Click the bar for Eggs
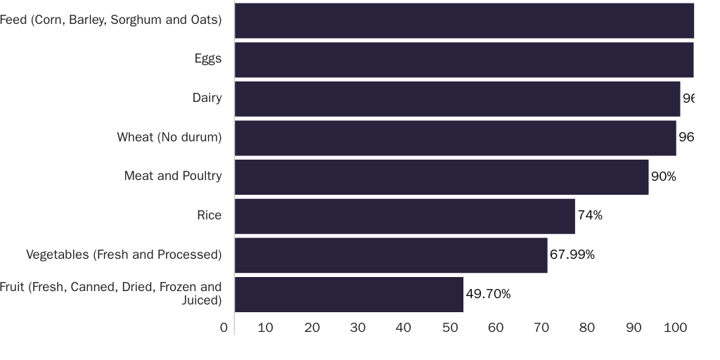464,60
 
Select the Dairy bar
457,98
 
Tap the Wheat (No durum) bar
455,138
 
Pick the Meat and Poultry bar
442,176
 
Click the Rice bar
404,216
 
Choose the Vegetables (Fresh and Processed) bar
391,255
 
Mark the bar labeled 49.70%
349,294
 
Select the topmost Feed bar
464,20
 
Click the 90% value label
663,176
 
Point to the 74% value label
590,215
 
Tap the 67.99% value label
572,255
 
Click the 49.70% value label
488,294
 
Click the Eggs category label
208,59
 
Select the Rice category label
209,215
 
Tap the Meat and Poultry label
173,176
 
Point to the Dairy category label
207,98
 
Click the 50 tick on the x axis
449,328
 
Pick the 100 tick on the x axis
675,328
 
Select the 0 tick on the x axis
224,328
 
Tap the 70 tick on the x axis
541,328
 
